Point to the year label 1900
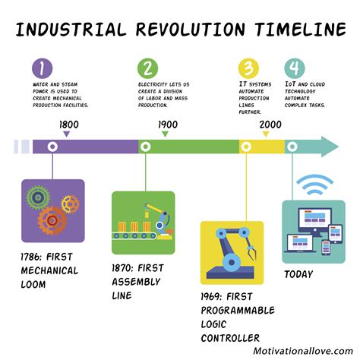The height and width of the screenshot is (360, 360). point(167,125)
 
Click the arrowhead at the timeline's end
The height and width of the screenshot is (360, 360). point(329,147)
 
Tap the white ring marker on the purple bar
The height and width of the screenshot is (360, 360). point(52,147)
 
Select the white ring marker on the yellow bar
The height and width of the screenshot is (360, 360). point(247,147)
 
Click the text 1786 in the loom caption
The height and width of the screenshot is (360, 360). point(36,256)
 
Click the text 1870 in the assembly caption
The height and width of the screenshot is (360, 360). point(128,267)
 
